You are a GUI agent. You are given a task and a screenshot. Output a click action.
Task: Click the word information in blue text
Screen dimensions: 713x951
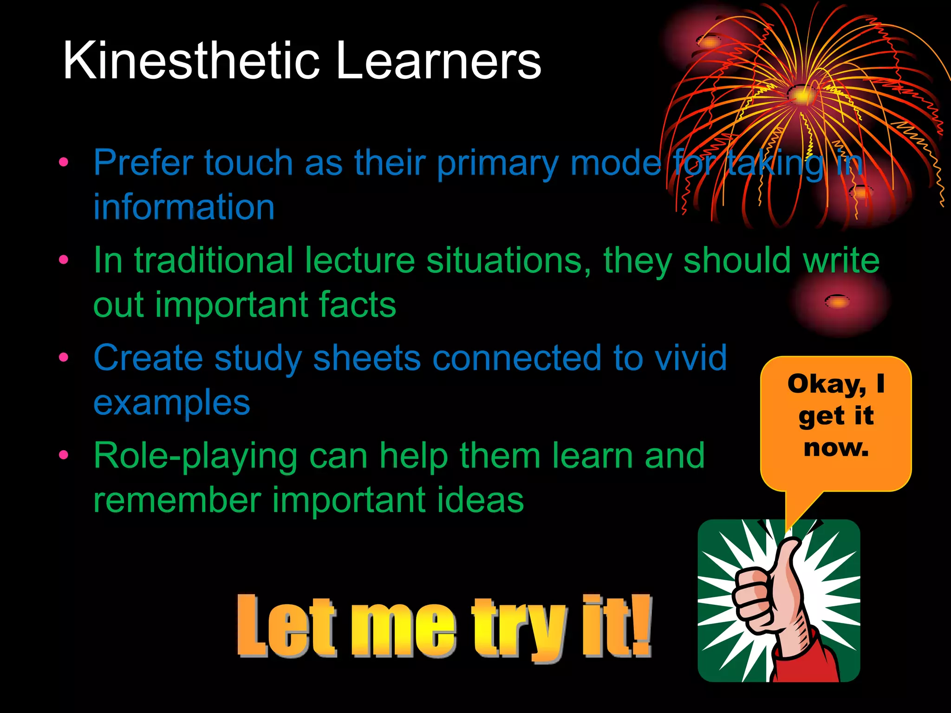coord(184,207)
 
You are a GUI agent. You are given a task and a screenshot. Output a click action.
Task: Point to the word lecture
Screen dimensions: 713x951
coord(359,260)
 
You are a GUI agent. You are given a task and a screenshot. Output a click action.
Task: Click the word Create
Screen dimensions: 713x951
coord(148,358)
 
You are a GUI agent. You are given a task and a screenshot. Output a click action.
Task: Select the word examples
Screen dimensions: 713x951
coord(172,403)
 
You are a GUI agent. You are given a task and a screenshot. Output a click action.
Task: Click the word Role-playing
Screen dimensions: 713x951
coord(195,456)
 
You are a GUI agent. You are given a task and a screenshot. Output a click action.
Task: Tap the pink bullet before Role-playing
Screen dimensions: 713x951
coord(64,455)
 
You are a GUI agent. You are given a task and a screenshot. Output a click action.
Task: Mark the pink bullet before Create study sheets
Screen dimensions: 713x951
coord(64,357)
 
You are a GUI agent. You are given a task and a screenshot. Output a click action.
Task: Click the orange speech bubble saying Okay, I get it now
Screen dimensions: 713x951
coord(836,422)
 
